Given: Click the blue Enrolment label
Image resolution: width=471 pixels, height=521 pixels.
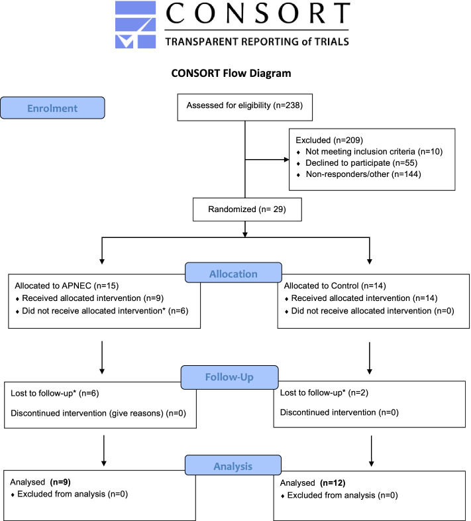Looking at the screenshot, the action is click(52, 108).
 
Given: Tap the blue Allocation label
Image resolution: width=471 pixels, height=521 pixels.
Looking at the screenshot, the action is click(233, 273).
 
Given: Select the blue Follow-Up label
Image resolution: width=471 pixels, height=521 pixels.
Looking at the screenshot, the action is click(229, 377).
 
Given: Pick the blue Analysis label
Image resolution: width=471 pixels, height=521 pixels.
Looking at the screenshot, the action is click(233, 465).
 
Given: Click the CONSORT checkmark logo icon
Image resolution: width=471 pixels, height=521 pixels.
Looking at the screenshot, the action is click(136, 25).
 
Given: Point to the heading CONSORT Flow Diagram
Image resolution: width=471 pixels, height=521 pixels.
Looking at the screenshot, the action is click(231, 73).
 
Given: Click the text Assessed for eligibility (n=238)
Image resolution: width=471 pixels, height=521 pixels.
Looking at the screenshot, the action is click(244, 105).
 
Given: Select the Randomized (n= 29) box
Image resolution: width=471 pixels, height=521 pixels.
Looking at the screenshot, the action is click(247, 209).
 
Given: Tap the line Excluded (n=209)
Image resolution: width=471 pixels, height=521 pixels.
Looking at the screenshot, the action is click(329, 141).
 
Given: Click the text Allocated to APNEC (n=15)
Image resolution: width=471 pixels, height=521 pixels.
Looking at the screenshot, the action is click(67, 286).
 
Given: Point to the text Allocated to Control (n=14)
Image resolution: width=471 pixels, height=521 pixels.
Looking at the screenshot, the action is click(335, 286).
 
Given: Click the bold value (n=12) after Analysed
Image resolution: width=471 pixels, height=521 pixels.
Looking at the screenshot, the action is click(333, 483).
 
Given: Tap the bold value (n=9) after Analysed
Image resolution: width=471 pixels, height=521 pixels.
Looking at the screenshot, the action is click(60, 482).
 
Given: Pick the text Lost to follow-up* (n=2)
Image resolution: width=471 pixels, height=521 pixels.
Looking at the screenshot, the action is click(324, 393).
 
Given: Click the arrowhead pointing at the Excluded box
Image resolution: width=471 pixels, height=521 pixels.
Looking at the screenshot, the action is click(286, 160).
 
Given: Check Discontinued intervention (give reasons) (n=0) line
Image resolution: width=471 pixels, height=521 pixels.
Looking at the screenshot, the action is click(98, 414).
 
